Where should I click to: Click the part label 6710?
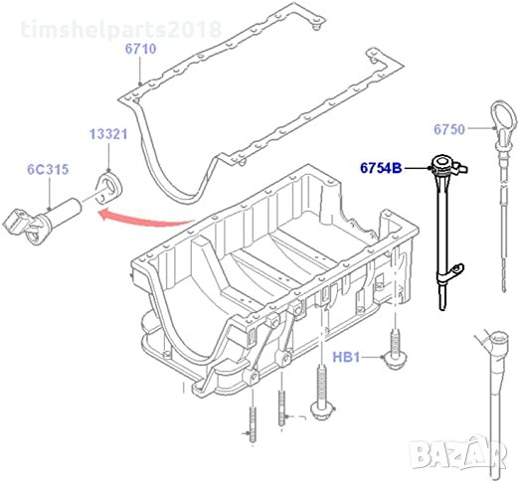click(140, 49)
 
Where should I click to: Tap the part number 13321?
click(108, 134)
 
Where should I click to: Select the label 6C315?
click(48, 169)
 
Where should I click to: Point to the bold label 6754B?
click(381, 168)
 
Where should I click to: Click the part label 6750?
click(449, 129)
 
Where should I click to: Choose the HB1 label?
click(346, 357)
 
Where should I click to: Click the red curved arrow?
click(146, 219)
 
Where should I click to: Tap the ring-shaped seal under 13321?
click(110, 188)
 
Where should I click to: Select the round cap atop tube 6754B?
click(442, 163)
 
